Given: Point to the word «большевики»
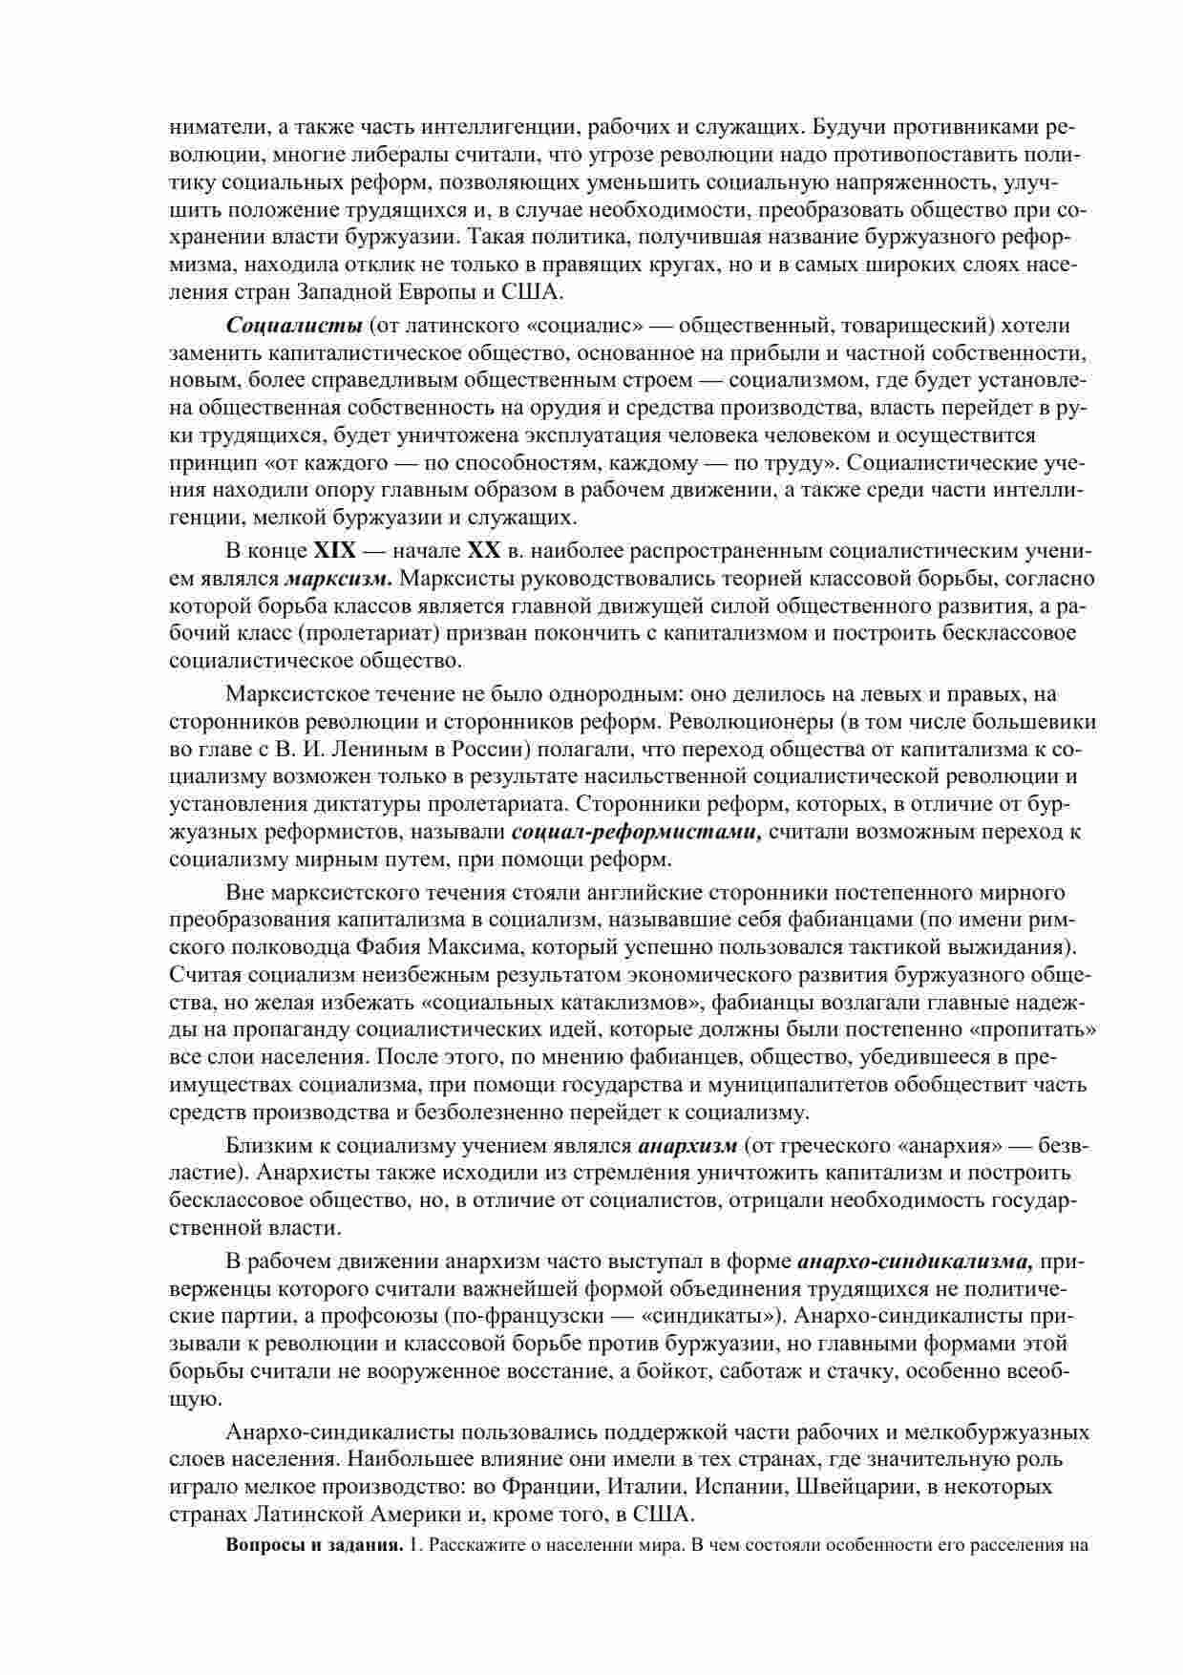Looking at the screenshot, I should (x=1035, y=721).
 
